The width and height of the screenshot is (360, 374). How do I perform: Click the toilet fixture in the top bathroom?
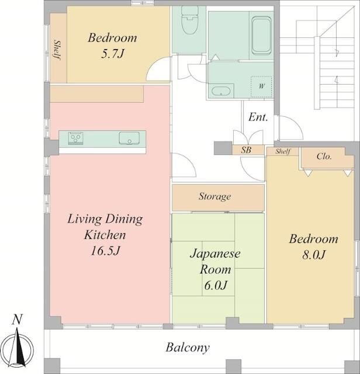190,20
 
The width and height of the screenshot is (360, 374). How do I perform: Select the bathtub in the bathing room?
261,35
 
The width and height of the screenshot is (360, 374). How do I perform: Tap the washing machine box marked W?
261,86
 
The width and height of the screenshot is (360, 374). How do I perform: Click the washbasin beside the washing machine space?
221,91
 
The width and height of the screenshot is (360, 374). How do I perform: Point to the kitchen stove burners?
75,138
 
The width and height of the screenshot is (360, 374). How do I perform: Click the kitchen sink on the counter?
129,138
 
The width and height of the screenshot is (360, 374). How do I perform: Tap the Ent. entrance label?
258,117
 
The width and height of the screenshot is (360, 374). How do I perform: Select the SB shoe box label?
246,150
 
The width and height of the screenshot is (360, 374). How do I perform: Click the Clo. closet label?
324,157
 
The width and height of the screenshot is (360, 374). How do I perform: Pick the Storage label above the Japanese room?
214,196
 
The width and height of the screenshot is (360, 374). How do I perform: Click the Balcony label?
188,348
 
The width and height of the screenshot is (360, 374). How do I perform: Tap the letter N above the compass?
17,320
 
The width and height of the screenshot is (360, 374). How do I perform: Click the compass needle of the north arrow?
19,347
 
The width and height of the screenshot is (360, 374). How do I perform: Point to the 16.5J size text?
105,251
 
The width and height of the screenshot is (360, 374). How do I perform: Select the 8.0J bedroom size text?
314,255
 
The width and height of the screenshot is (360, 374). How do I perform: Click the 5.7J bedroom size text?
112,54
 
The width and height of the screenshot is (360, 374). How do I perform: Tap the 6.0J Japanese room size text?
216,285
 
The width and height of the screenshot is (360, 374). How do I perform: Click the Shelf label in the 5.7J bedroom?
57,50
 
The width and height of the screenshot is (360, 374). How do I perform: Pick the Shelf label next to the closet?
283,151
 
